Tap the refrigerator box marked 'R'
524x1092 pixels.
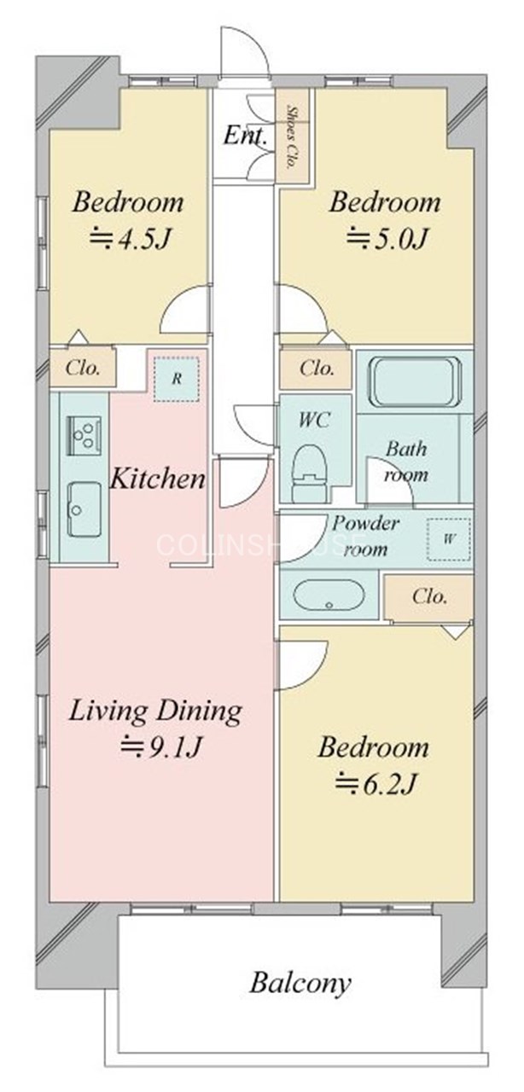tap(177, 379)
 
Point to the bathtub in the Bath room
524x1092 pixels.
tap(414, 381)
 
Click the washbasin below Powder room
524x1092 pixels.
tap(329, 595)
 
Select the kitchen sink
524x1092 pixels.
tap(83, 509)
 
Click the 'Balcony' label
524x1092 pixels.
tap(300, 983)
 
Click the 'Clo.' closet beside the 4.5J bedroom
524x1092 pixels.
tap(84, 369)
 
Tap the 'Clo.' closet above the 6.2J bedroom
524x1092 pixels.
tap(429, 596)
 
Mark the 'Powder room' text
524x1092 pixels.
tap(365, 537)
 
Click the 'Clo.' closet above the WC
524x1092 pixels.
tap(317, 369)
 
